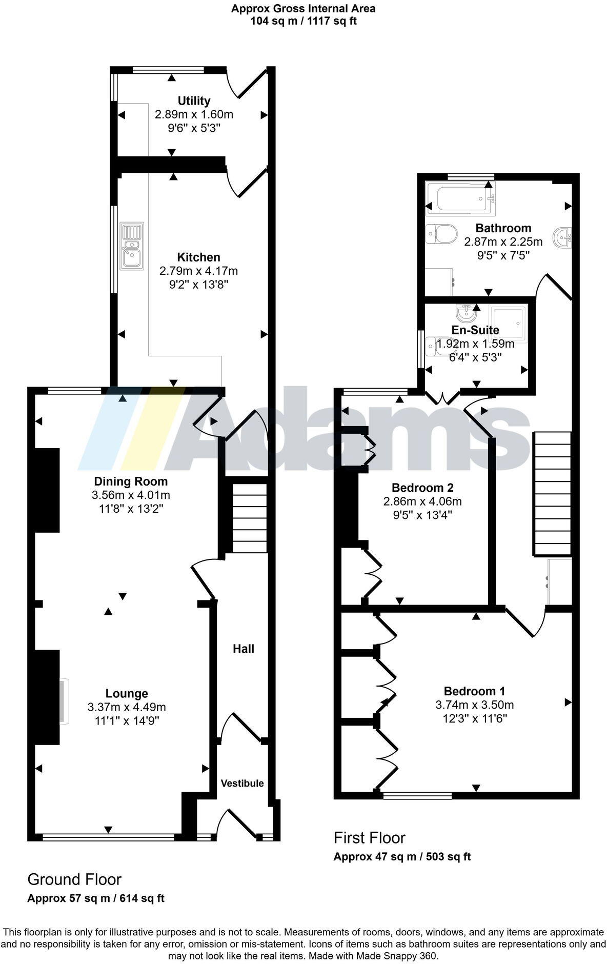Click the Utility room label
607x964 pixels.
pyautogui.click(x=194, y=101)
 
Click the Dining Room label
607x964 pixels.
pyautogui.click(x=131, y=481)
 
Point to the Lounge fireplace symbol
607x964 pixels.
pyautogui.click(x=64, y=701)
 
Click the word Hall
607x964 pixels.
pyautogui.click(x=244, y=649)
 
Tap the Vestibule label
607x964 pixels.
pyautogui.click(x=242, y=783)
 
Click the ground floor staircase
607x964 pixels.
pyautogui.click(x=250, y=518)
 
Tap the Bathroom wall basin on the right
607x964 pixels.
pyautogui.click(x=562, y=237)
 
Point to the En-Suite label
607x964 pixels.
pyautogui.click(x=475, y=330)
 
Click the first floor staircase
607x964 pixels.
pyautogui.click(x=553, y=493)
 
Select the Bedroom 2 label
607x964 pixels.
pyautogui.click(x=422, y=487)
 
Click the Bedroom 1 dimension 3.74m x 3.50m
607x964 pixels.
pyautogui.click(x=475, y=705)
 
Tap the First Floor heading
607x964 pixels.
pyautogui.click(x=369, y=838)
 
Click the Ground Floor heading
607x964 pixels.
pyautogui.click(x=74, y=879)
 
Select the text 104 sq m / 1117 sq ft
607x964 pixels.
pyautogui.click(x=304, y=21)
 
